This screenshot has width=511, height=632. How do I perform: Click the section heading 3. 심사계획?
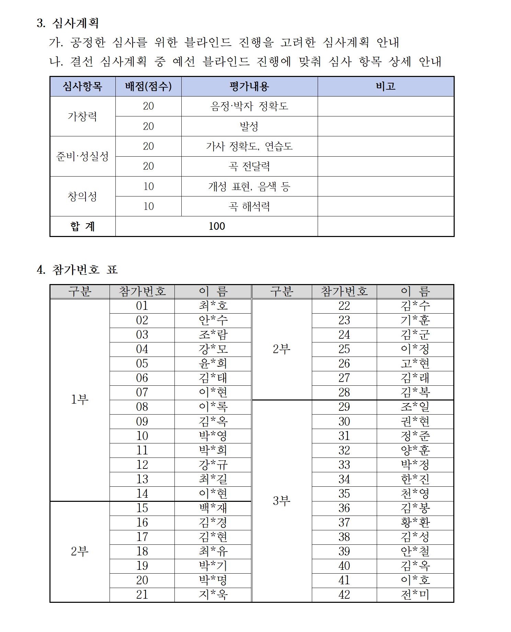tap(68, 23)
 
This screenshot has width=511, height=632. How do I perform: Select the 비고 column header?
tap(386, 86)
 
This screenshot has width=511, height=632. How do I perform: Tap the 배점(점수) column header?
tap(148, 86)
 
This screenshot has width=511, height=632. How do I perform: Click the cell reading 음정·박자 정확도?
tap(249, 106)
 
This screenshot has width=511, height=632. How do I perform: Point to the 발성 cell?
tap(249, 126)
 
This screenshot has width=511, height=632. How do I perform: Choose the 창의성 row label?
tap(82, 196)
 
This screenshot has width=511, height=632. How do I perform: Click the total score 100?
tap(217, 226)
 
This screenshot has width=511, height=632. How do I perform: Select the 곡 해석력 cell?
tap(249, 206)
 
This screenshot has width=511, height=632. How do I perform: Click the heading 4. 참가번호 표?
tap(77, 269)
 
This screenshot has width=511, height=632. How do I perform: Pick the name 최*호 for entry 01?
tap(213, 306)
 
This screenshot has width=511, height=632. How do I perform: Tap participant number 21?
tap(142, 594)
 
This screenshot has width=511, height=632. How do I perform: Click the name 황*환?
tap(415, 522)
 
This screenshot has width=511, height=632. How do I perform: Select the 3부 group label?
tap(282, 501)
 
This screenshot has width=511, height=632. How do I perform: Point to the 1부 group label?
tap(80, 399)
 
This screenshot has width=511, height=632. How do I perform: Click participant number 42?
tap(344, 594)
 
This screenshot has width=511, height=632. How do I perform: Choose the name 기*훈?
tap(415, 320)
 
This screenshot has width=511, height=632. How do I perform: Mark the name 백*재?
tap(213, 508)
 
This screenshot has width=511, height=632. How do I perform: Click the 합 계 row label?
tap(82, 226)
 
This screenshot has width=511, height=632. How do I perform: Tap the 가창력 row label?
tap(82, 116)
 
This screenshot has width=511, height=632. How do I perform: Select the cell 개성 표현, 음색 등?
tap(249, 187)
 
